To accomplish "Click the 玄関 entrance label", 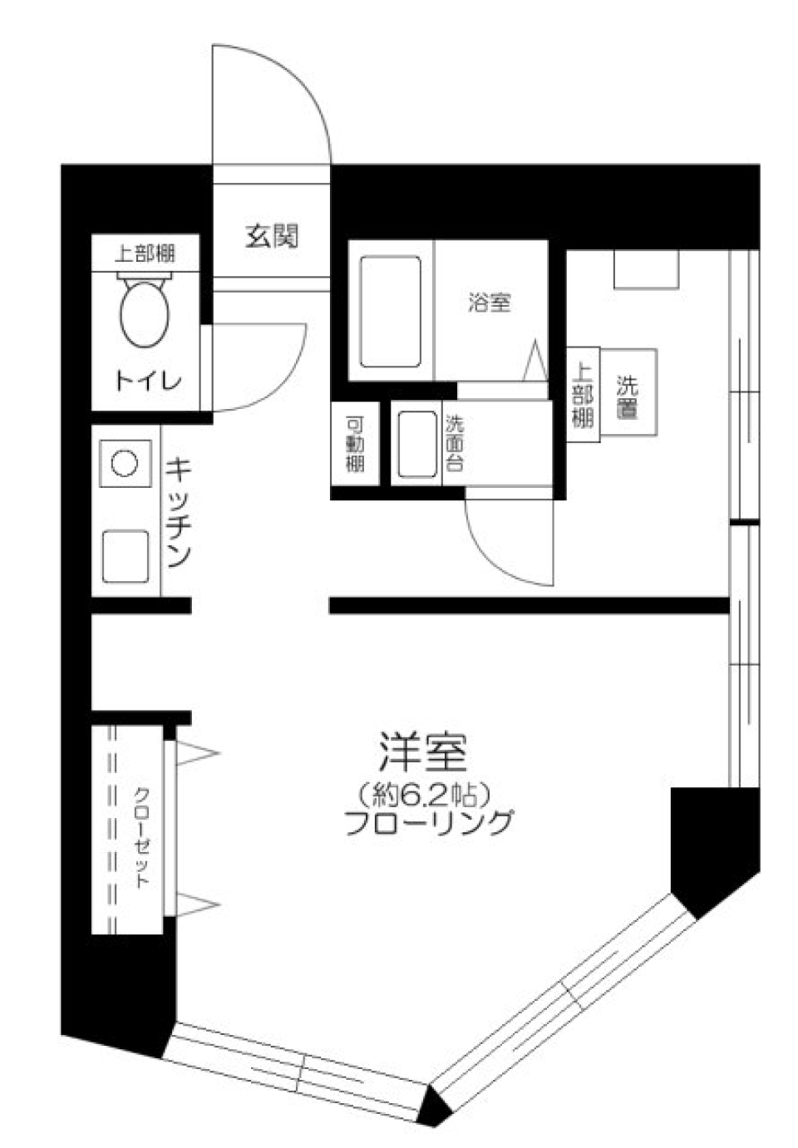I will (x=271, y=237).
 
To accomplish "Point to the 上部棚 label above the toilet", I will (x=145, y=252).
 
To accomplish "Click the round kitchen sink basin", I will (x=125, y=462).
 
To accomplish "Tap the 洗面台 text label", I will (x=454, y=444).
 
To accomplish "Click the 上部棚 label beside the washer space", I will (x=583, y=395).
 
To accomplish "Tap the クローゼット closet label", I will (x=142, y=835).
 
